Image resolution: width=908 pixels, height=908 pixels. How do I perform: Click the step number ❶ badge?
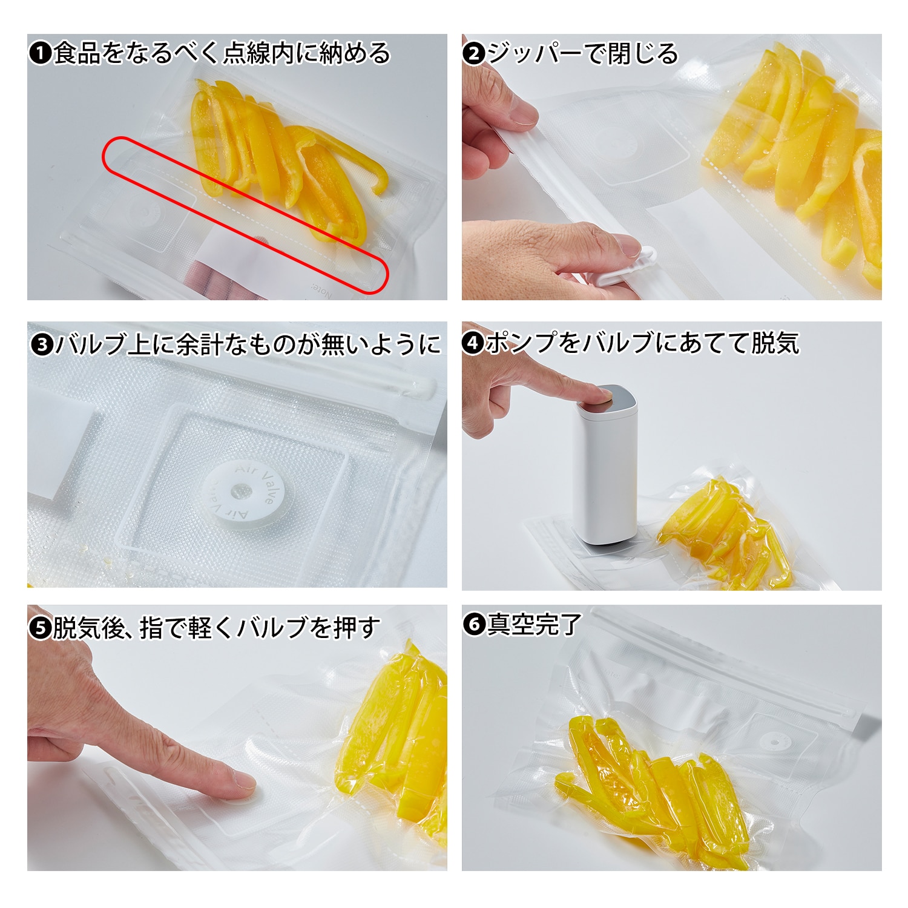(x=41, y=53)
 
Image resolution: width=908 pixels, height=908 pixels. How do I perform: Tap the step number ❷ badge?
(x=474, y=53)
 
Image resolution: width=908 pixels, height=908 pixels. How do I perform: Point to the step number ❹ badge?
(x=473, y=343)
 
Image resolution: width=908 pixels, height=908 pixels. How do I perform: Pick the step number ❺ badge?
(x=41, y=628)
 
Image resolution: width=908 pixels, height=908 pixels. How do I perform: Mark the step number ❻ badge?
(x=475, y=624)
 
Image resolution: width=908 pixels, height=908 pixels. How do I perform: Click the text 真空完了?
(x=535, y=624)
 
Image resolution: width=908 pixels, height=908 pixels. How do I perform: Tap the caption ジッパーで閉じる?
(x=583, y=53)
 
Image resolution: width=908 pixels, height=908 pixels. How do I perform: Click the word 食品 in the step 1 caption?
(x=77, y=53)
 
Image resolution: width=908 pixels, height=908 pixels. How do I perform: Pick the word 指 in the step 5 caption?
(x=151, y=628)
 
